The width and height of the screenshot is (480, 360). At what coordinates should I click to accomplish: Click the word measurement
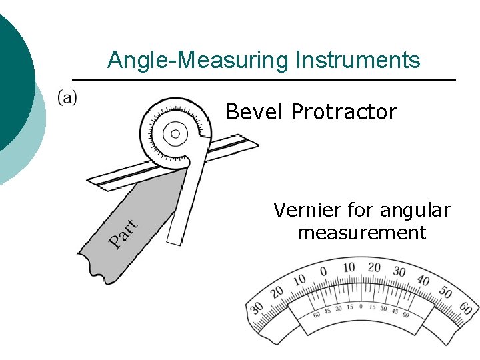coord(361,233)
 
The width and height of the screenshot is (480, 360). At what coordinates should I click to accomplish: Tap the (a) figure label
coord(67,97)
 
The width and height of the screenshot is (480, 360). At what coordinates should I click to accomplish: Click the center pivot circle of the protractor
coord(175,134)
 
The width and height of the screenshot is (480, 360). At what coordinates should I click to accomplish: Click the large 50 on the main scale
coord(444,293)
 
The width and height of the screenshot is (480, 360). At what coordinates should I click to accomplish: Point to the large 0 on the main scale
coord(323,272)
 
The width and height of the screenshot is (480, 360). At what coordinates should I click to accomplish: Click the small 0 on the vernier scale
coord(361,307)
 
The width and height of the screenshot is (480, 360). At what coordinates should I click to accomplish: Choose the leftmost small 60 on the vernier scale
coord(317,312)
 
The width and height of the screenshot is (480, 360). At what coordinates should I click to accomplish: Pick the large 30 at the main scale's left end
coord(257,309)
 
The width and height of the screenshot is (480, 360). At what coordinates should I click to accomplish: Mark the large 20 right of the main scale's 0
coord(373,268)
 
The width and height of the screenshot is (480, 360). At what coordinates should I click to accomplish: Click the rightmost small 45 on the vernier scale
coord(394,310)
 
